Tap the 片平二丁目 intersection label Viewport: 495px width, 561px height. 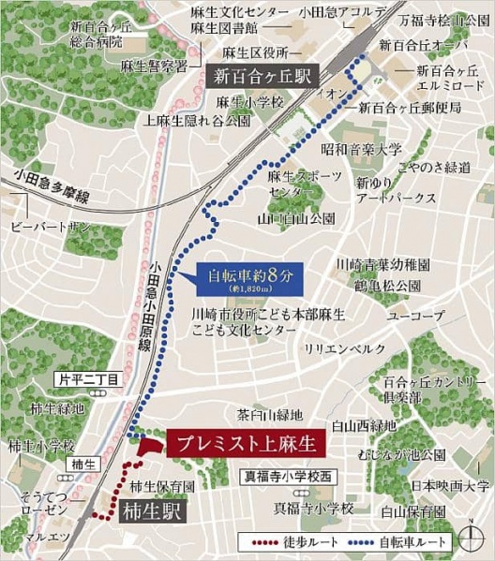pos(87,380)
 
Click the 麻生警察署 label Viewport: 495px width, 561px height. pos(154,66)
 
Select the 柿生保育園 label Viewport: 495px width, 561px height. pos(163,486)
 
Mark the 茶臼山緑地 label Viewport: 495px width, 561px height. pos(270,414)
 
